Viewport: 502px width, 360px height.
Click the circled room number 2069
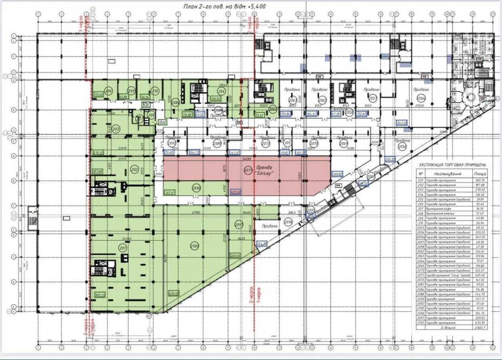coord(344,143)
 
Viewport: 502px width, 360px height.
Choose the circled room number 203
coord(116,129)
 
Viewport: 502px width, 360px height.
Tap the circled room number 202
coord(135,170)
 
